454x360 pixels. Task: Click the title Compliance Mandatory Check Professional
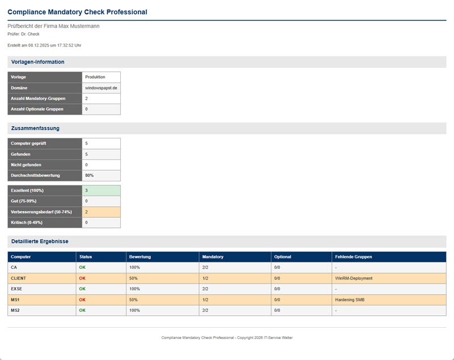[77, 12]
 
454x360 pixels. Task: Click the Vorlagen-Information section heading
[37, 62]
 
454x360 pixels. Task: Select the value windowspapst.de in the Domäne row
[101, 88]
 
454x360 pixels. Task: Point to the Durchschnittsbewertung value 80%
[90, 175]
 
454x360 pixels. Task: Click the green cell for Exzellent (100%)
[101, 190]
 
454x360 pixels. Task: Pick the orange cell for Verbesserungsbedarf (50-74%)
[101, 211]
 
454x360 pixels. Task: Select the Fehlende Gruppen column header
[354, 257]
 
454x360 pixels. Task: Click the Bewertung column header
[140, 257]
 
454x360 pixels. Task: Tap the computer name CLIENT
[19, 278]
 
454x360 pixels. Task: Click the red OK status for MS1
[82, 299]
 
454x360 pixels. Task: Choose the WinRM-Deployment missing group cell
[354, 278]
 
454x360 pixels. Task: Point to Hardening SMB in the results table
[350, 299]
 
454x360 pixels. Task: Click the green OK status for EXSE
[82, 289]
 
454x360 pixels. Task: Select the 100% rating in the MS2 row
[134, 310]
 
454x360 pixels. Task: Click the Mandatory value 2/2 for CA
[205, 267]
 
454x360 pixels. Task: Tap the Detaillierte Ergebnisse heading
[40, 242]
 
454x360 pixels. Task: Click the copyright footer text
[227, 337]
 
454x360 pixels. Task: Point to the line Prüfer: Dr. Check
[24, 34]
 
